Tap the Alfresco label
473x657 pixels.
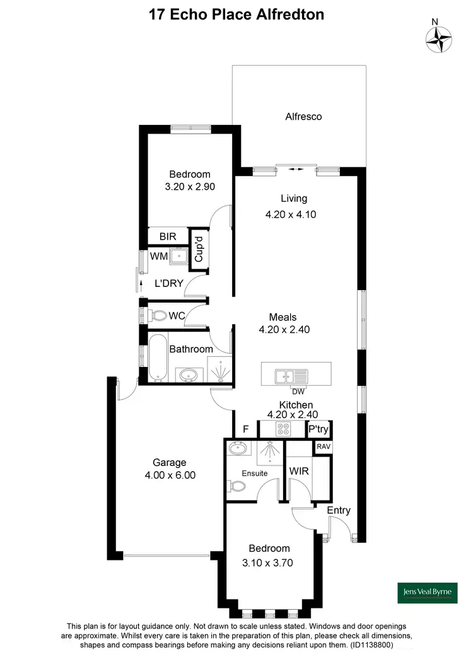[x=303, y=117]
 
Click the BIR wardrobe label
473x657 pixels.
[x=168, y=236]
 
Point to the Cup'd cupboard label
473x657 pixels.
[x=198, y=249]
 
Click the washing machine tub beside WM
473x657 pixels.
[x=180, y=257]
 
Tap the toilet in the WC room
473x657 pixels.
[x=158, y=315]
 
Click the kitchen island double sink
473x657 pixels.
[x=291, y=376]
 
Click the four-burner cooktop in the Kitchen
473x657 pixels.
[x=283, y=429]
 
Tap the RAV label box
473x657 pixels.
[x=323, y=446]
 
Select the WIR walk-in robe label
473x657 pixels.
[x=298, y=471]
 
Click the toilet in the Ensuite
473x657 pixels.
[x=238, y=487]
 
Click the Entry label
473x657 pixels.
[x=338, y=510]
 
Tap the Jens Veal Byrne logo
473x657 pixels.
[x=426, y=591]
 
